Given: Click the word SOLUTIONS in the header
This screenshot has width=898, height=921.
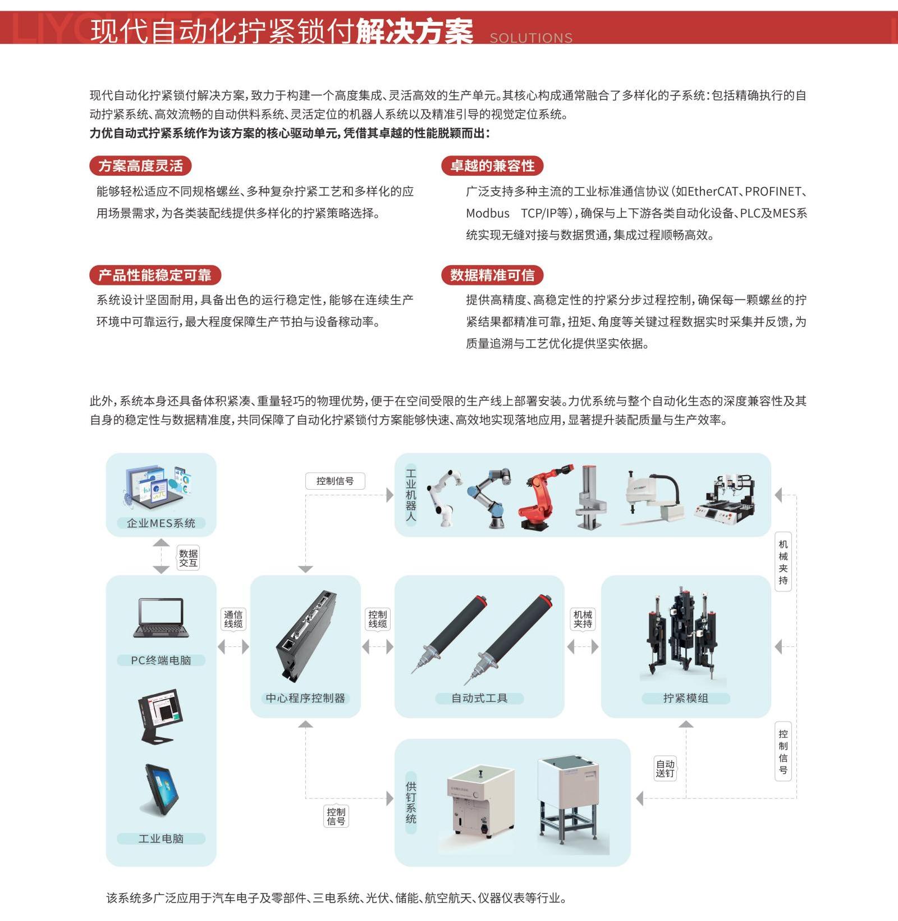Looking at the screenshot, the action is pyautogui.click(x=531, y=38).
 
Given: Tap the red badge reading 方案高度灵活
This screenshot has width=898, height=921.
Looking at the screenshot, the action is pyautogui.click(x=140, y=166).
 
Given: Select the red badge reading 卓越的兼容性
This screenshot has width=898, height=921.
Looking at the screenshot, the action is pyautogui.click(x=492, y=166).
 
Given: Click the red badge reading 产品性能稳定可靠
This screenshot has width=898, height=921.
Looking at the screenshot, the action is pyautogui.click(x=155, y=275).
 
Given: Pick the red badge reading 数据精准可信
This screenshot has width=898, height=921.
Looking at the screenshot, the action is pyautogui.click(x=492, y=275).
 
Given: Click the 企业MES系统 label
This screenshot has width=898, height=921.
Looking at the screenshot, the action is pyautogui.click(x=161, y=523).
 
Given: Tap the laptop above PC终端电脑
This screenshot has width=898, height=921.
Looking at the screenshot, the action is pyautogui.click(x=161, y=618).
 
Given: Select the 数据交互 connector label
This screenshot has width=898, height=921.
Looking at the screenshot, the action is pyautogui.click(x=188, y=558).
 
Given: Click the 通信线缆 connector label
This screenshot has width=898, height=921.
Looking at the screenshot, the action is pyautogui.click(x=233, y=619).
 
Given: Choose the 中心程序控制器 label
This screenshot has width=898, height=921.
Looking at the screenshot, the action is pyautogui.click(x=305, y=698).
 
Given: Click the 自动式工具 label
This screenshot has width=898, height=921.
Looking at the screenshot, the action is pyautogui.click(x=479, y=698).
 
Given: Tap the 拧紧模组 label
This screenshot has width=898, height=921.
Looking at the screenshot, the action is pyautogui.click(x=686, y=698).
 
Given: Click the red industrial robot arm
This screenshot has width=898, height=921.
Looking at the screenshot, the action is pyautogui.click(x=544, y=497).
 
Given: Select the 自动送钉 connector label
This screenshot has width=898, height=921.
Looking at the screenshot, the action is pyautogui.click(x=665, y=769).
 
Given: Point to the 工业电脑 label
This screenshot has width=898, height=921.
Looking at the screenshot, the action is pyautogui.click(x=161, y=838).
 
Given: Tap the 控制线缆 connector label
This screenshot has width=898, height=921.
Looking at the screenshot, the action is pyautogui.click(x=378, y=619).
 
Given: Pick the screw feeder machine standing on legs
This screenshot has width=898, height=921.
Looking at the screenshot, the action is pyautogui.click(x=568, y=803).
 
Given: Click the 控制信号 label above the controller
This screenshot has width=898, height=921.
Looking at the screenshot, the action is pyautogui.click(x=335, y=481).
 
